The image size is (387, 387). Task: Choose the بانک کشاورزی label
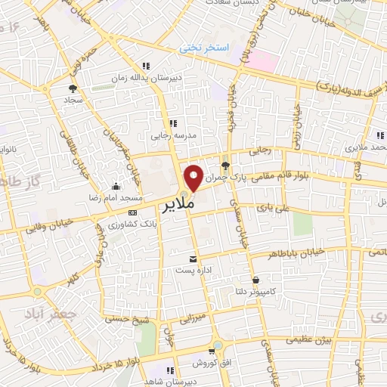pos(132,225)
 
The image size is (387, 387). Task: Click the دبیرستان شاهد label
pos(171,382)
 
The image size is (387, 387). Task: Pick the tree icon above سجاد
pos(73,88)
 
